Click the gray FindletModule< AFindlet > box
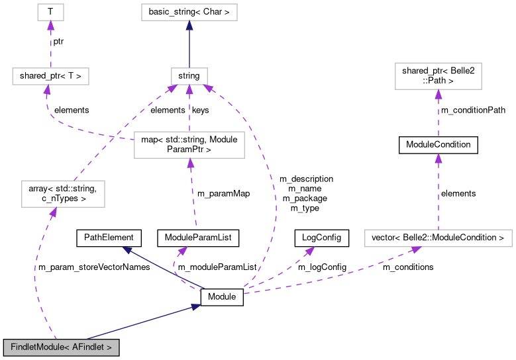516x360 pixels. point(61,347)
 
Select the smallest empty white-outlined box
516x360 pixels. point(50,12)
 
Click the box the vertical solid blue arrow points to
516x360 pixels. point(189,12)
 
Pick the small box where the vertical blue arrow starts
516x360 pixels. point(189,76)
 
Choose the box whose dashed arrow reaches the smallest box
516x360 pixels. point(50,76)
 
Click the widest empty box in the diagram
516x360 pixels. point(438,238)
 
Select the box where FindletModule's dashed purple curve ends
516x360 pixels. point(63,193)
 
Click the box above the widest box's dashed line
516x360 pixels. point(438,76)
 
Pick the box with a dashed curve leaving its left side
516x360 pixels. point(189,145)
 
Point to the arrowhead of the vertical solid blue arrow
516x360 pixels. point(189,25)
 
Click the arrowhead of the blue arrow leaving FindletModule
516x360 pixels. point(196,306)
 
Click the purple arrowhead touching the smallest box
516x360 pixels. point(50,25)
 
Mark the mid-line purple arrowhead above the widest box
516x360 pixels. point(438,158)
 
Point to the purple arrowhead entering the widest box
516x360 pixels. point(416,249)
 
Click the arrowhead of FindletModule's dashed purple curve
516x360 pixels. point(54,212)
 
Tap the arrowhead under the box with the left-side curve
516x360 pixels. point(190,163)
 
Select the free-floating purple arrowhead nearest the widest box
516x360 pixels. point(309,251)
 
